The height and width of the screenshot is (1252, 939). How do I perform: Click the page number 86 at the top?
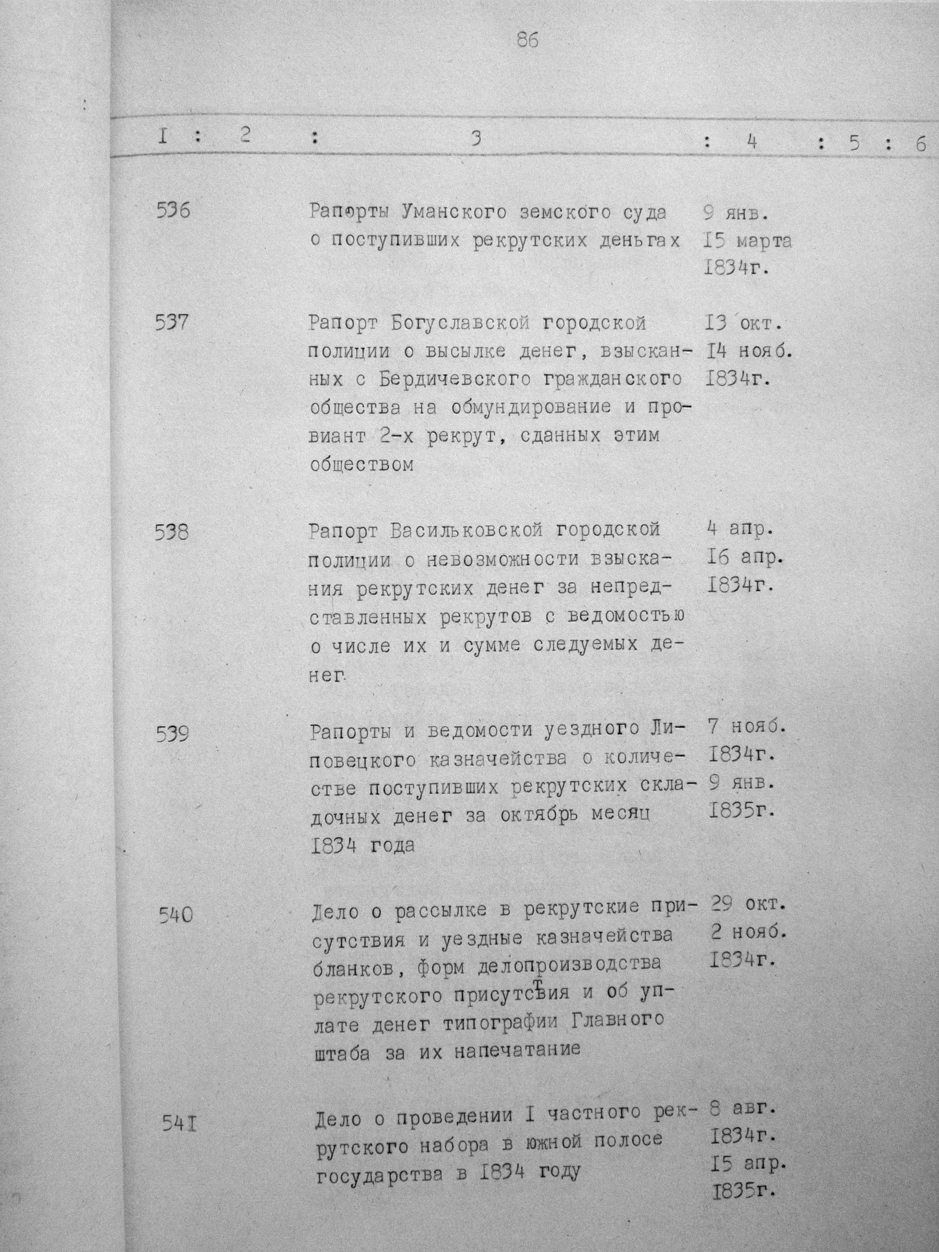point(527,40)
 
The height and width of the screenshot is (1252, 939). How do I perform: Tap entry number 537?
point(172,323)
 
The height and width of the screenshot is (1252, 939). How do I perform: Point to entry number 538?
point(171,532)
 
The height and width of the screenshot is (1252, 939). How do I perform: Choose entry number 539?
point(172,734)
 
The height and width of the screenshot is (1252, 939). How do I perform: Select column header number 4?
point(751,142)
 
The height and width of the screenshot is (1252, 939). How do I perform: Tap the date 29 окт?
point(748,904)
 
